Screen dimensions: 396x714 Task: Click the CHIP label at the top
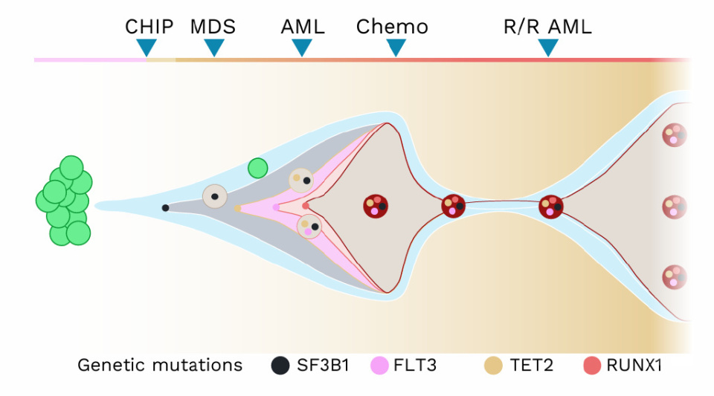coord(149,27)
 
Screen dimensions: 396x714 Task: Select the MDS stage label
coord(213,27)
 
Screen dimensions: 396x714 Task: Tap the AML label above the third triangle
coord(303,27)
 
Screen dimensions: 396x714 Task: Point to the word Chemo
coord(392,27)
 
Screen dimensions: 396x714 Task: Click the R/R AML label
coord(548,27)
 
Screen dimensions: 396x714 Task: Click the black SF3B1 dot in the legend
coord(280,366)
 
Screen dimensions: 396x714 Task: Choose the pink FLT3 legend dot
coord(380,366)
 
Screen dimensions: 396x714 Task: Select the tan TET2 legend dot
coord(492,366)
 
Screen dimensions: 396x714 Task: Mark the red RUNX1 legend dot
coord(592,366)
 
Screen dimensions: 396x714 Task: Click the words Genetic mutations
coord(160,366)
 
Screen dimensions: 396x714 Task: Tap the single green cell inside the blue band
coord(258,168)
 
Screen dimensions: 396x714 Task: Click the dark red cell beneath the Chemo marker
coord(376,206)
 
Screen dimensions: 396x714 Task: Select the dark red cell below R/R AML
coord(551,206)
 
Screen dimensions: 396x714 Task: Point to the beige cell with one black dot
coord(214,196)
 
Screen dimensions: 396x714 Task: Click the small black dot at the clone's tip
coord(165,208)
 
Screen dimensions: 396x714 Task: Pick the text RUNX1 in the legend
coord(634,366)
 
